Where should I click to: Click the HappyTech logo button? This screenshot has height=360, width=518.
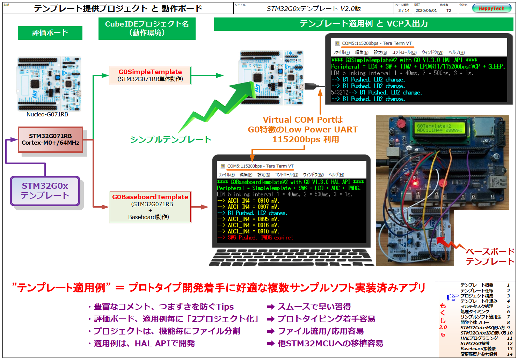click(x=491, y=8)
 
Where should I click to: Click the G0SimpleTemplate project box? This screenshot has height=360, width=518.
click(x=150, y=75)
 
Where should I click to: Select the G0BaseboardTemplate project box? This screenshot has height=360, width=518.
click(x=150, y=207)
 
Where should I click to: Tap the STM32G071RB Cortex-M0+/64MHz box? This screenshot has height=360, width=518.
click(x=50, y=139)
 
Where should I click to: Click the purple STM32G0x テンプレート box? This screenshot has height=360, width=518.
click(x=45, y=191)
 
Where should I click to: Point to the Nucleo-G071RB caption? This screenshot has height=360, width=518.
click(x=47, y=115)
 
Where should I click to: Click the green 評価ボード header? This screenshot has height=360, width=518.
click(x=50, y=33)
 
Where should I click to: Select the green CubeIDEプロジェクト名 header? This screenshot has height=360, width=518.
click(x=147, y=28)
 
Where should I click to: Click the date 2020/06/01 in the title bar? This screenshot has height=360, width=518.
click(x=426, y=10)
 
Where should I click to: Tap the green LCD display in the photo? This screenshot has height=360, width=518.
click(x=439, y=128)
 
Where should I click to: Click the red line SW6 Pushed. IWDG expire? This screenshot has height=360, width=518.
click(x=255, y=238)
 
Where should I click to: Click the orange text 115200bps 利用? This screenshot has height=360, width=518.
click(x=306, y=139)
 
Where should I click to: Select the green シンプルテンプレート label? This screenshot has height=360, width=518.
click(x=170, y=139)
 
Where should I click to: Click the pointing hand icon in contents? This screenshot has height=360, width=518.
click(x=452, y=297)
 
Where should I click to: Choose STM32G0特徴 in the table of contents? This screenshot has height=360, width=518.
click(x=475, y=343)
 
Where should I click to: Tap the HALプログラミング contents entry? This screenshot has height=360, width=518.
click(x=479, y=338)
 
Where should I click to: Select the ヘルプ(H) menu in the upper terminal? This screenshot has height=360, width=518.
click(x=456, y=52)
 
